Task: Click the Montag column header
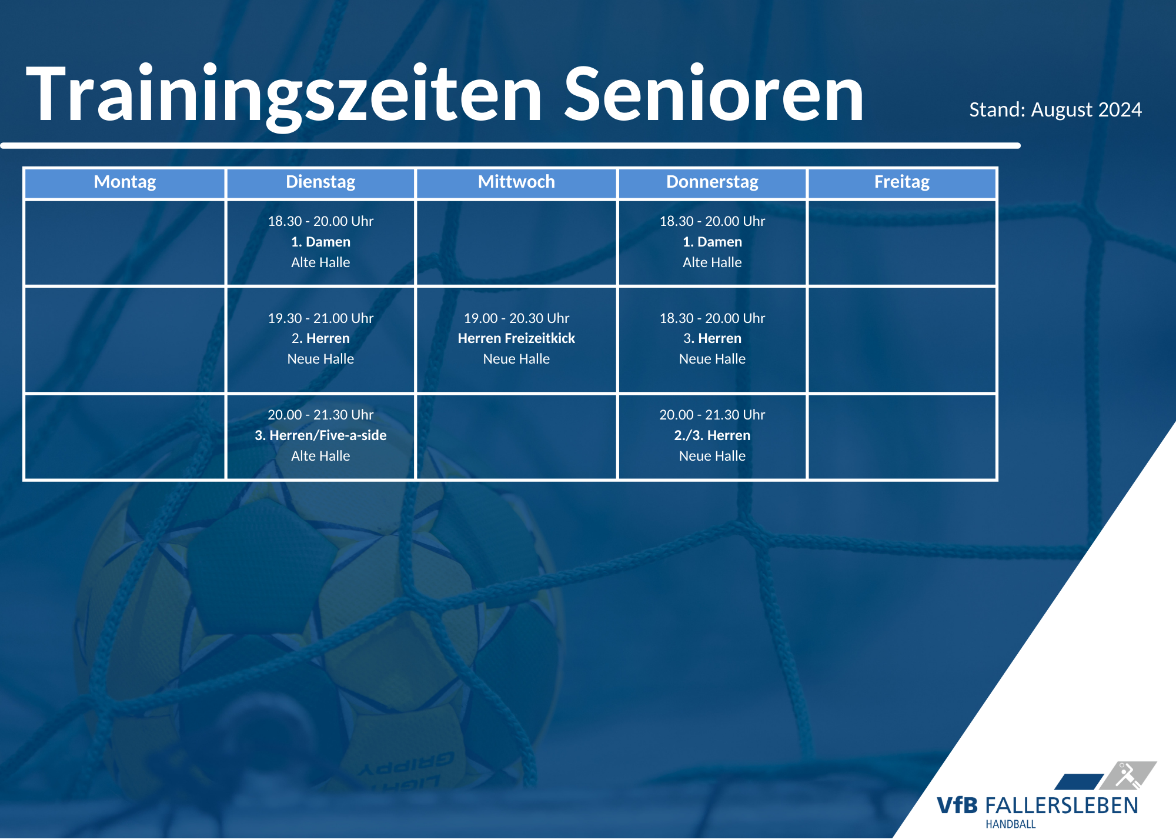125,182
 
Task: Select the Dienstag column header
320,182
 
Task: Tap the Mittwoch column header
516,182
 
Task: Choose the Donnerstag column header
712,182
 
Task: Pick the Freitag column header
902,182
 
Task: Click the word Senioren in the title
714,94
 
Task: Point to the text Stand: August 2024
1055,109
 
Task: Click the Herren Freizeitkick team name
516,338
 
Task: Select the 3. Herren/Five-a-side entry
320,435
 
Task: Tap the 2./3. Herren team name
712,435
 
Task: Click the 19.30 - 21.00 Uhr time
320,318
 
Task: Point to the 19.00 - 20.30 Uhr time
516,318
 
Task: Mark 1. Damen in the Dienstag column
320,242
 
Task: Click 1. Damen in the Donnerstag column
712,242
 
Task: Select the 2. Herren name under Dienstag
320,338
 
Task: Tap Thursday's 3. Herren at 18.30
712,338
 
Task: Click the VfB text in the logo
957,805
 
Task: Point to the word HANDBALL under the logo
1011,824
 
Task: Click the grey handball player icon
1128,775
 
